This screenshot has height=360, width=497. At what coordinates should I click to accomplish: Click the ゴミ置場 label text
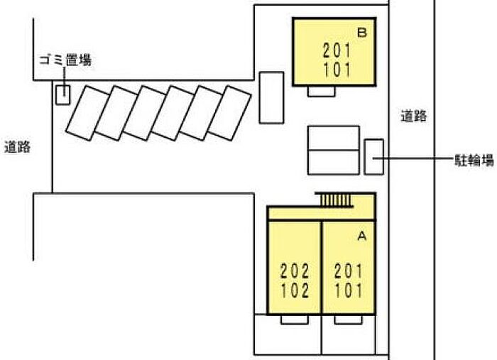click(65, 60)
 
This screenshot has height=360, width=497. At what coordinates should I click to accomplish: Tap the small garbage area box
click(62, 94)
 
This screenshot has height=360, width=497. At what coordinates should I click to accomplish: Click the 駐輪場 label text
click(474, 160)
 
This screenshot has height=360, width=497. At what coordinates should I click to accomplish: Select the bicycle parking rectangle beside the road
click(373, 157)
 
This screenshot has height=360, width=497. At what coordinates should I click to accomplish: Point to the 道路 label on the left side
click(18, 148)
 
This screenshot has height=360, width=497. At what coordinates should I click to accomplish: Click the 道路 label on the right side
click(414, 116)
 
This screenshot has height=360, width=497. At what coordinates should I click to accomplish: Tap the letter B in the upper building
click(361, 33)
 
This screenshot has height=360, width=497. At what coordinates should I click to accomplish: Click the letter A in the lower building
click(361, 236)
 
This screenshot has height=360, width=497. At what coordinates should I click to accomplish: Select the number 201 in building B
click(337, 50)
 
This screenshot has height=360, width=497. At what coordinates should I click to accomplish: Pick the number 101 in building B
click(337, 70)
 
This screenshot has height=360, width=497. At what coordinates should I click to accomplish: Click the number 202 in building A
click(295, 271)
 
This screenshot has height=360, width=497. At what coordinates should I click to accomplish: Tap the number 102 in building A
click(295, 291)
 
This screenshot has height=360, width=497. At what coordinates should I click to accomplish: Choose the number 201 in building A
click(349, 271)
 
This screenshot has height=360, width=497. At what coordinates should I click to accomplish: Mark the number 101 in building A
click(349, 291)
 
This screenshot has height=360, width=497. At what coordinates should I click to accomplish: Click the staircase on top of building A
click(335, 200)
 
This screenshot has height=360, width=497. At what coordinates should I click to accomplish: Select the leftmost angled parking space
click(87, 113)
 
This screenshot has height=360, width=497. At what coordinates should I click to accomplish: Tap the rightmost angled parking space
click(229, 113)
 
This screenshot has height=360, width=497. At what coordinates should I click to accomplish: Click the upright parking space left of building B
click(271, 97)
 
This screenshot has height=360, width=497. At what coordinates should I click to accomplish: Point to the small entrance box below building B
click(321, 92)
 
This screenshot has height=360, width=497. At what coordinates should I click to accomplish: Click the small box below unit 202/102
click(295, 320)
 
